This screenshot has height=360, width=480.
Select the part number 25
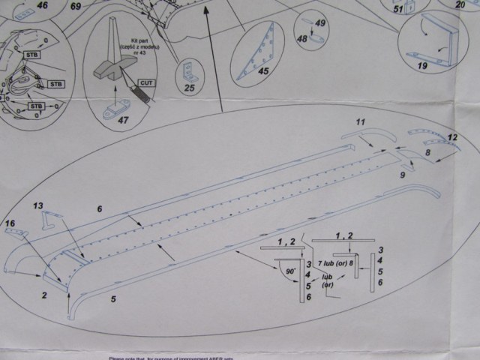pyautogui.click(x=189, y=88)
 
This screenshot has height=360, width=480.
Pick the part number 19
pyautogui.click(x=423, y=66)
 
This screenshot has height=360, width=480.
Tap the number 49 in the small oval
pyautogui.click(x=320, y=23)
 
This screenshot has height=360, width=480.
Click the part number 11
pyautogui.click(x=360, y=121)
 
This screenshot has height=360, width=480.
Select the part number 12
pyautogui.click(x=451, y=136)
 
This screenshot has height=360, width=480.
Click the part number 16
pyautogui.click(x=10, y=223)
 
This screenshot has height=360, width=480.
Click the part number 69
pyautogui.click(x=76, y=6)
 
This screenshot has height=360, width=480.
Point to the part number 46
pyautogui.click(x=42, y=5)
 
